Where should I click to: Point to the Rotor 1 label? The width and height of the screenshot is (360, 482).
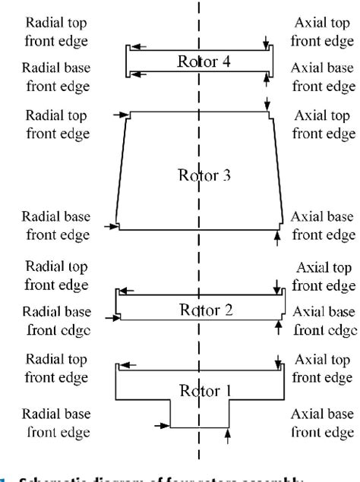201,390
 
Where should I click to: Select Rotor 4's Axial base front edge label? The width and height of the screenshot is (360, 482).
323,77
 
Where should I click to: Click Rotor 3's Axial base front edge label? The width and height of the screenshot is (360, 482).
323,225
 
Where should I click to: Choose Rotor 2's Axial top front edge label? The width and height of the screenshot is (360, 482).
323,277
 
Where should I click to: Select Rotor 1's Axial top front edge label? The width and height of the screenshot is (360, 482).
323,366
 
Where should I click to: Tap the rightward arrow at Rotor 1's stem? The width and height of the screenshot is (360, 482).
161,426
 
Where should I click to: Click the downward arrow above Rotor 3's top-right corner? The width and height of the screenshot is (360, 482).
267,102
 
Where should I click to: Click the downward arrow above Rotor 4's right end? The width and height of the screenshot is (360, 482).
266,40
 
